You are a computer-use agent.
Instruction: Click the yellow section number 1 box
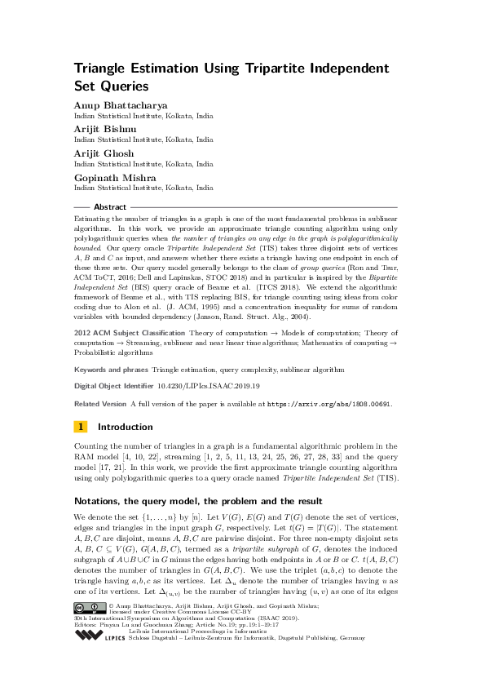[x=82, y=427]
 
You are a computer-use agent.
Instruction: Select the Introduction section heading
[x=125, y=427]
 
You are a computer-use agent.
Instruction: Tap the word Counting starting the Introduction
[x=91, y=445]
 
